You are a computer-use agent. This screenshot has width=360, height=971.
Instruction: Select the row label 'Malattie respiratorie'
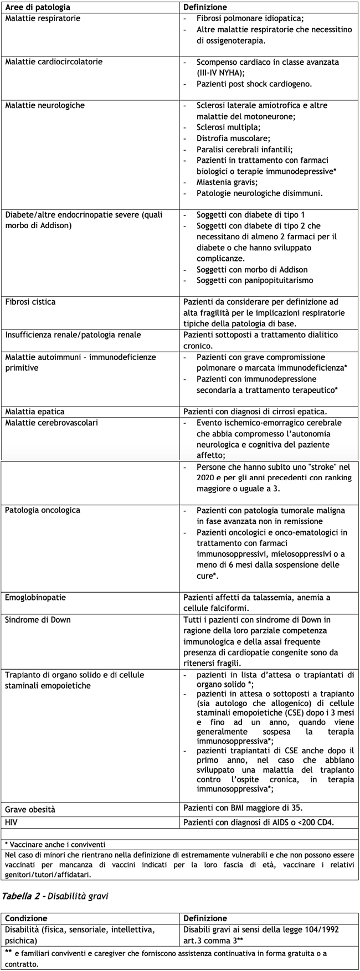point(43,18)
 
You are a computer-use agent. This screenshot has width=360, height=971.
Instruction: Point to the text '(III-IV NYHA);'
point(220,73)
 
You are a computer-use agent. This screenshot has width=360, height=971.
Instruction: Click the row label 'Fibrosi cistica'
point(30,302)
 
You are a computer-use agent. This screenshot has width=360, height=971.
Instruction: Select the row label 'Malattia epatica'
point(34,412)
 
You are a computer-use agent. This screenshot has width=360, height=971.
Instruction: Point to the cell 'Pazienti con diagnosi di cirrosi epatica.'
point(255,412)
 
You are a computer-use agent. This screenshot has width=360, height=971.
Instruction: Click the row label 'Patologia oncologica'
point(42,510)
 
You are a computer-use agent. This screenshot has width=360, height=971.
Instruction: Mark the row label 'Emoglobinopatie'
point(35,598)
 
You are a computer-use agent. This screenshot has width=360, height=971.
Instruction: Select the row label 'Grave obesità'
point(30,810)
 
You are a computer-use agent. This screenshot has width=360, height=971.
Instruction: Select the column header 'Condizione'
point(26,918)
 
